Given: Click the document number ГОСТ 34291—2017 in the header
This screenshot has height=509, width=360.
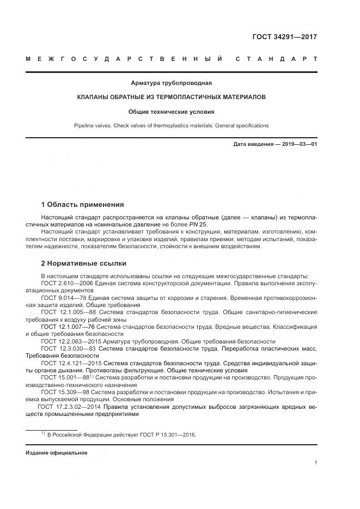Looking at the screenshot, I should [x=284, y=38].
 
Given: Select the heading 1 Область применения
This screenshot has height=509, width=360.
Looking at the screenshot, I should [x=82, y=205].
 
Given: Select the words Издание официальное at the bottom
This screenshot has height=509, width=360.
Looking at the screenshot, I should [x=56, y=453].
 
